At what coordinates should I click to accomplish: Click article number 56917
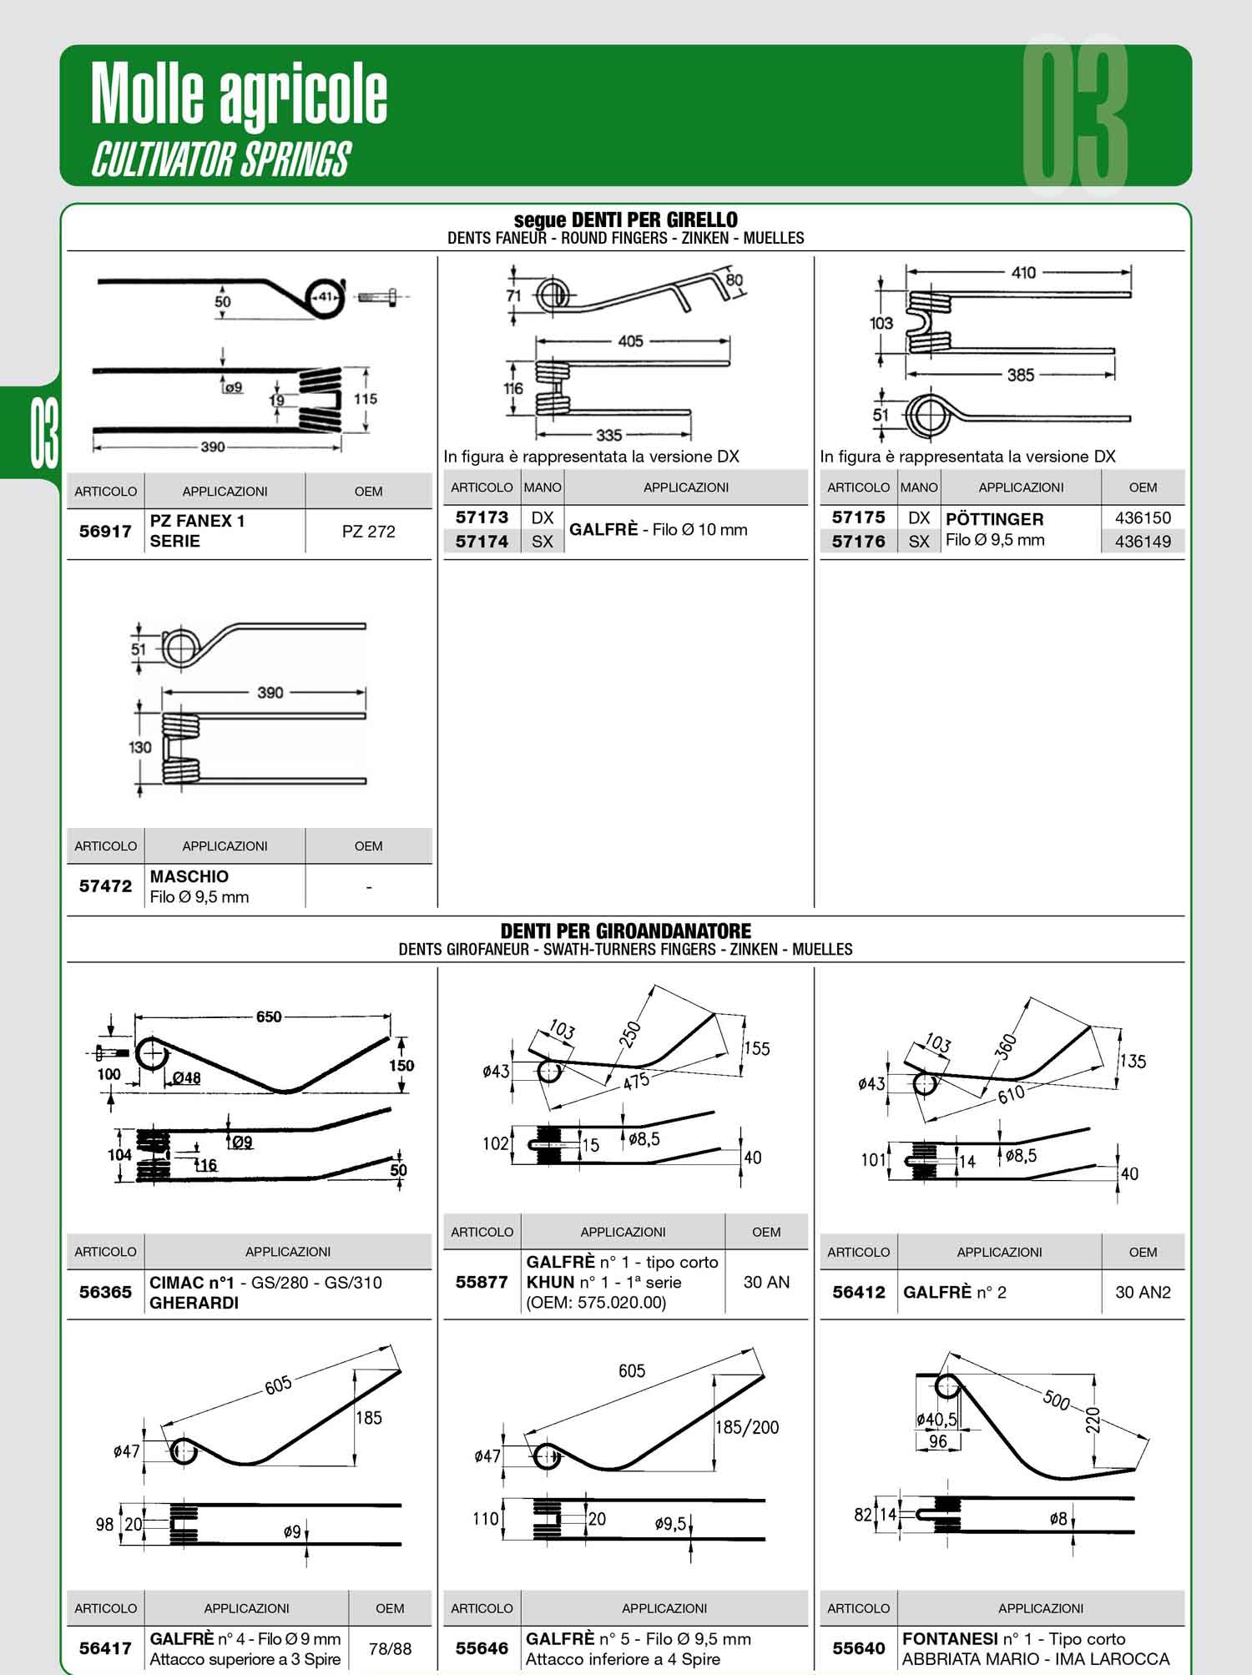[105, 531]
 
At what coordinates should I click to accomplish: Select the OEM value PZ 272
[368, 532]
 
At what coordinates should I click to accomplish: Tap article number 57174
[482, 542]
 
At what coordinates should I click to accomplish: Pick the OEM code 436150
[1143, 518]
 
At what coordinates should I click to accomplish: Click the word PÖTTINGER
[994, 518]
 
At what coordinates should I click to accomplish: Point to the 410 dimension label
[1023, 272]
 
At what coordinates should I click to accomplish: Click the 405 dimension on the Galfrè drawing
[631, 341]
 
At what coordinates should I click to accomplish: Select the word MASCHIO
[189, 876]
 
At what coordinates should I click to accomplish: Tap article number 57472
[105, 886]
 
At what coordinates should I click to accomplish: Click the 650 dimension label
[269, 1017]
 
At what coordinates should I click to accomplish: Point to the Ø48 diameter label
[186, 1078]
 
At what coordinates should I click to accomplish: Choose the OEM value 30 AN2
[1143, 1292]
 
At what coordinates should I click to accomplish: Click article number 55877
[482, 1282]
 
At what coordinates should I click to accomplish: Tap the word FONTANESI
[950, 1638]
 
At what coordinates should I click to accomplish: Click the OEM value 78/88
[390, 1648]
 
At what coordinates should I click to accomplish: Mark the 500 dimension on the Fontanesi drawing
[1057, 1400]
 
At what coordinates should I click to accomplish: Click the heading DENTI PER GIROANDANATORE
[625, 931]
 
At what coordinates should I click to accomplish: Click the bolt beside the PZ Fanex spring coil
[381, 296]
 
